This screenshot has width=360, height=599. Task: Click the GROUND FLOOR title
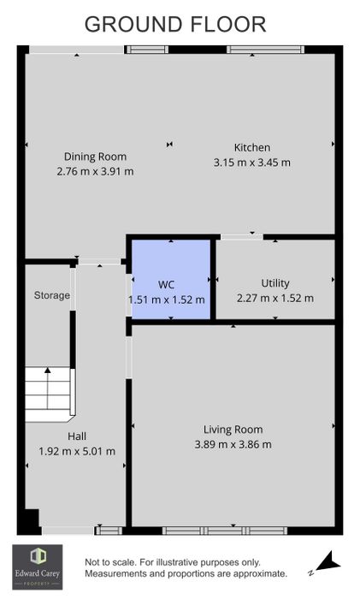tap(175, 25)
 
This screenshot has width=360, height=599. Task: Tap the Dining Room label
tap(95, 157)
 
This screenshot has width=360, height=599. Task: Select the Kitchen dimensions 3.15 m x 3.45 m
tap(252, 163)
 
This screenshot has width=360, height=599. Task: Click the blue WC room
tap(171, 279)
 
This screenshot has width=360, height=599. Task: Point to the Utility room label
tap(275, 283)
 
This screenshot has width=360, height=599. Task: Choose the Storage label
tap(52, 295)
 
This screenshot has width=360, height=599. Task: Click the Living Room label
tap(233, 430)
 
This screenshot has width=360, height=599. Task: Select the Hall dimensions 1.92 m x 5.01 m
tap(77, 451)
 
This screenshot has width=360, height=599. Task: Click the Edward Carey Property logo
tap(38, 566)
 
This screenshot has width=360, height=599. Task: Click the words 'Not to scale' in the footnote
tap(109, 562)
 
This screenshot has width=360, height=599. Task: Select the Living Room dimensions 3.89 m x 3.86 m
tap(233, 444)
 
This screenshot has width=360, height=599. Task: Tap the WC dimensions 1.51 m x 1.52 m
tap(167, 299)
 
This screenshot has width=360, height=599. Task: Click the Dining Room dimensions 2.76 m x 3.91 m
tap(95, 171)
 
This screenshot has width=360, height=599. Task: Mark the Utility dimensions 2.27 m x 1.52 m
tap(275, 298)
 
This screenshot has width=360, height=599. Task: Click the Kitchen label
tap(252, 147)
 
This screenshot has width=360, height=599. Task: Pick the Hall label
tap(77, 436)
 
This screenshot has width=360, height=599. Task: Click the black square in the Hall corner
tap(32, 519)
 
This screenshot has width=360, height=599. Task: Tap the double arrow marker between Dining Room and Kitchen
tap(170, 144)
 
